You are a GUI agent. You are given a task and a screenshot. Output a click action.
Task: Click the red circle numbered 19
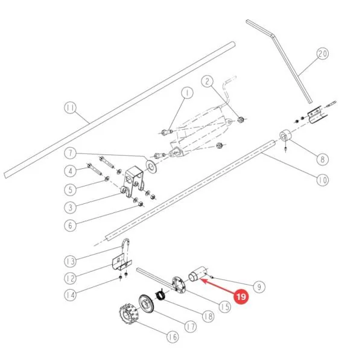[x=241, y=296]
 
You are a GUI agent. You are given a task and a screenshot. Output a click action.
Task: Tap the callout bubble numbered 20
[x=323, y=54]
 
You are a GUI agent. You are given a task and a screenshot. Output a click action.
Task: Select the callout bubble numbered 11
[x=70, y=108]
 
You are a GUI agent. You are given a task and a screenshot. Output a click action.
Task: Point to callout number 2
[x=208, y=81]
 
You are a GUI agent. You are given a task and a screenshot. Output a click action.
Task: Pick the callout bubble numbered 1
[x=187, y=93]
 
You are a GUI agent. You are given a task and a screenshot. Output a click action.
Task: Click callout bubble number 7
[x=70, y=153]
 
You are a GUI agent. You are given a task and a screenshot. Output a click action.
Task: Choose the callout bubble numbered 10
[x=323, y=180]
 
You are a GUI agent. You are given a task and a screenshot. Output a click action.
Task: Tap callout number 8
[x=323, y=159]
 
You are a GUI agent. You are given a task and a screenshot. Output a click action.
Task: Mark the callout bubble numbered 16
[x=173, y=337]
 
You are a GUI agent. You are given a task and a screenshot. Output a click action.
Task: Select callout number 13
[x=70, y=261]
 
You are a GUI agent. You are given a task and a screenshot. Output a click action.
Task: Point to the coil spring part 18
[x=160, y=295]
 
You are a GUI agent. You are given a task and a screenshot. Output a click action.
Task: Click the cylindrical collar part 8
[x=285, y=135]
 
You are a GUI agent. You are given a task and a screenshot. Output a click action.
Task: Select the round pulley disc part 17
[x=146, y=305]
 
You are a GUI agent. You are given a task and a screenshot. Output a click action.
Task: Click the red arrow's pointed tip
[x=200, y=279]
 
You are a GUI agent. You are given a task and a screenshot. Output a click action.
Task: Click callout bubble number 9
[x=259, y=287]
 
